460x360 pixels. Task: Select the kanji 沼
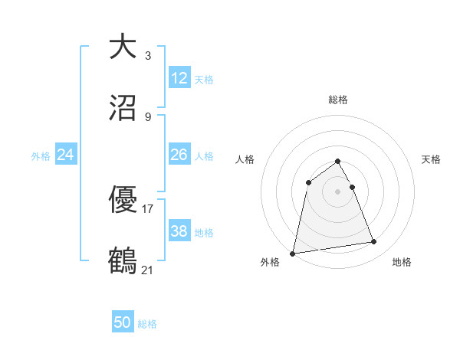123,109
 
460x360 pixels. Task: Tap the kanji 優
123,200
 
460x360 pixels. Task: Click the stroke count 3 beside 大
148,55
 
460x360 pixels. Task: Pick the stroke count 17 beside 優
148,208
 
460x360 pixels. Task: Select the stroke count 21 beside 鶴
148,270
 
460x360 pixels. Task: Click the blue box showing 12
179,78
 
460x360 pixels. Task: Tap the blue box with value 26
179,155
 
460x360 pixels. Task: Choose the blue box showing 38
179,231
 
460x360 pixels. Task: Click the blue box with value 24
66,155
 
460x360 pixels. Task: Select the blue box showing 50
123,322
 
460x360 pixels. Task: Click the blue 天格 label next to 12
204,80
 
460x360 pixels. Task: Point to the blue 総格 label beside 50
147,324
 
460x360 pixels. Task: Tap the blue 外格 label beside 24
41,156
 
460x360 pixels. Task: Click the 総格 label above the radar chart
338,100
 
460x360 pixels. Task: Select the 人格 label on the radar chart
245,159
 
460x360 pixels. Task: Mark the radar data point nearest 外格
293,253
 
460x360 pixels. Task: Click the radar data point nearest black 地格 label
374,242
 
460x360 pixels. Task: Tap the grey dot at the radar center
338,191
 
